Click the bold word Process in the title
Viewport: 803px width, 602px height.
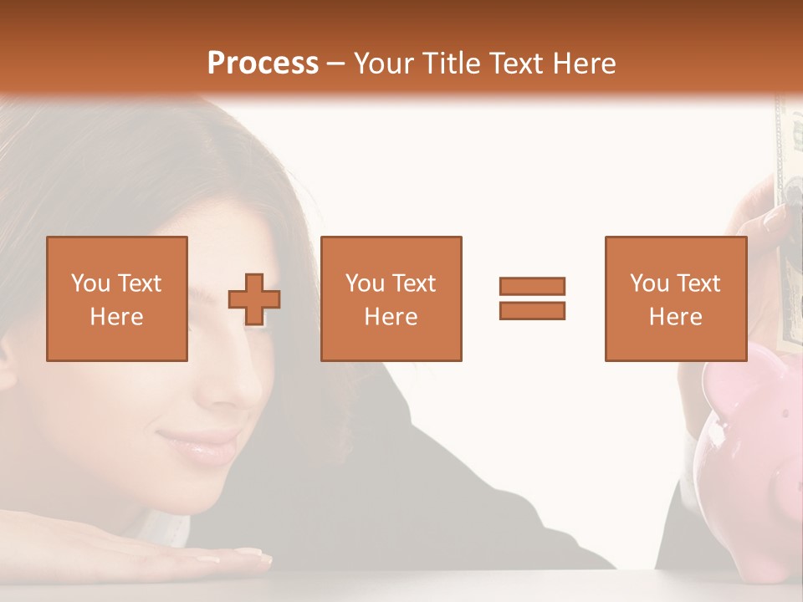263,64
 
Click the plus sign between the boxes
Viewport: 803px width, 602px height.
254,298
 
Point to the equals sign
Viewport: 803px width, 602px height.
532,298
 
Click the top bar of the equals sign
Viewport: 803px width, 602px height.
532,287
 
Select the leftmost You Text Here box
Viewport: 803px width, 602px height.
116,298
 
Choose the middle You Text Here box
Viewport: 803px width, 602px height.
391,298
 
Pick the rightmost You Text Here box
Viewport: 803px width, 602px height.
675,298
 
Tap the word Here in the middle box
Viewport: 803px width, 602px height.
391,317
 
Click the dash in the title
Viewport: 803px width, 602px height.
336,64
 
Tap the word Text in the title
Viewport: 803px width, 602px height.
517,64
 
